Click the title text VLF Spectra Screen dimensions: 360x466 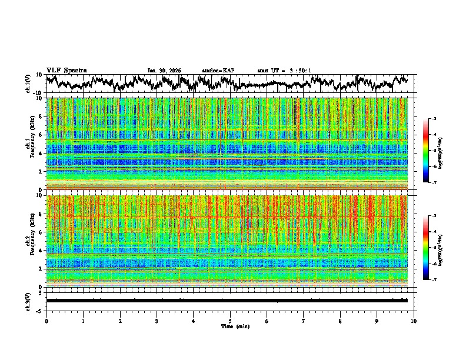[x=66, y=70]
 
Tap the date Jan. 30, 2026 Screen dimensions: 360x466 [x=164, y=71]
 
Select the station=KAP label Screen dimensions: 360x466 [x=218, y=71]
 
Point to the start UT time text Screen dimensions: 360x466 [x=284, y=71]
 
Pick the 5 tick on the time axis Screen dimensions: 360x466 [x=230, y=321]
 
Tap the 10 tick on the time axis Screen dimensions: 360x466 [x=414, y=321]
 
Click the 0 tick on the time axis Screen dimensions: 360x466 [x=46, y=321]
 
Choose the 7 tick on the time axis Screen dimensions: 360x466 [x=304, y=321]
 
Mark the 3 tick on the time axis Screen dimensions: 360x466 [x=157, y=321]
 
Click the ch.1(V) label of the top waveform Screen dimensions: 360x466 [x=28, y=84]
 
